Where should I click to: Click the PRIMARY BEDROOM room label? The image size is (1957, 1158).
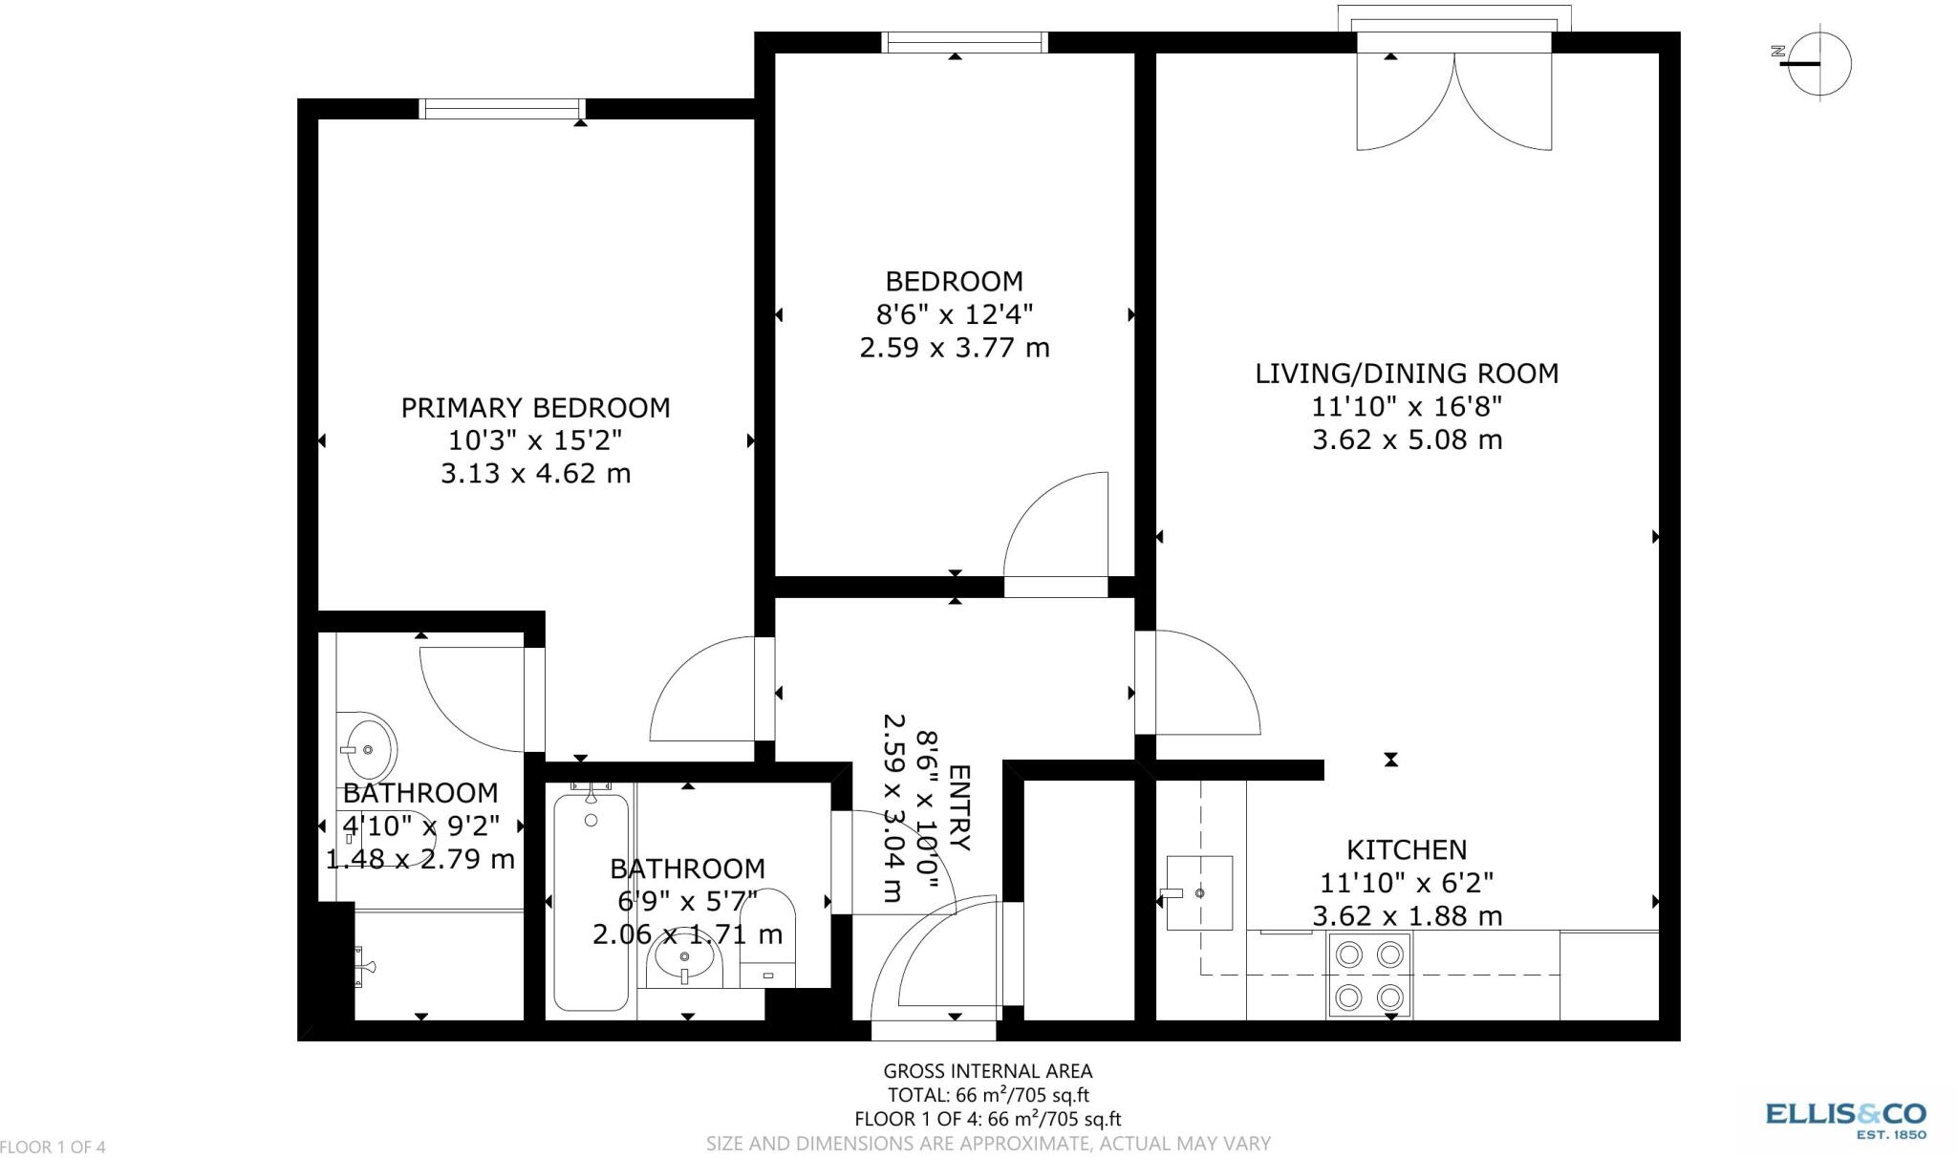pyautogui.click(x=535, y=408)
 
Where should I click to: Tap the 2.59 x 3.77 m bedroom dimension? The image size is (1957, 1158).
pyautogui.click(x=954, y=347)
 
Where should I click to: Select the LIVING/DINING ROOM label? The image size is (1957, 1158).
pyautogui.click(x=1406, y=374)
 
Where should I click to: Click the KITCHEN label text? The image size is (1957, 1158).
pyautogui.click(x=1406, y=849)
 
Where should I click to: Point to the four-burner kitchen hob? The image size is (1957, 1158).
pyautogui.click(x=1368, y=976)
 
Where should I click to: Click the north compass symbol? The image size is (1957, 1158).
pyautogui.click(x=1817, y=64)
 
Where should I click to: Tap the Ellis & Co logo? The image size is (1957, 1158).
pyautogui.click(x=1845, y=1119)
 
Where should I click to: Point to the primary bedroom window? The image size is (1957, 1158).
pyautogui.click(x=502, y=109)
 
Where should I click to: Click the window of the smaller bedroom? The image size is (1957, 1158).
pyautogui.click(x=963, y=42)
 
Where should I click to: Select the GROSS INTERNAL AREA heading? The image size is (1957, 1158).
pyautogui.click(x=987, y=1072)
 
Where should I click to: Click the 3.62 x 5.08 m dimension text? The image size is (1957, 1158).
pyautogui.click(x=1406, y=440)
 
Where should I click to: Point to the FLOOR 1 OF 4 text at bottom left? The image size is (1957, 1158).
pyautogui.click(x=53, y=1147)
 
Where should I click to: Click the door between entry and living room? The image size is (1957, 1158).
pyautogui.click(x=1204, y=683)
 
